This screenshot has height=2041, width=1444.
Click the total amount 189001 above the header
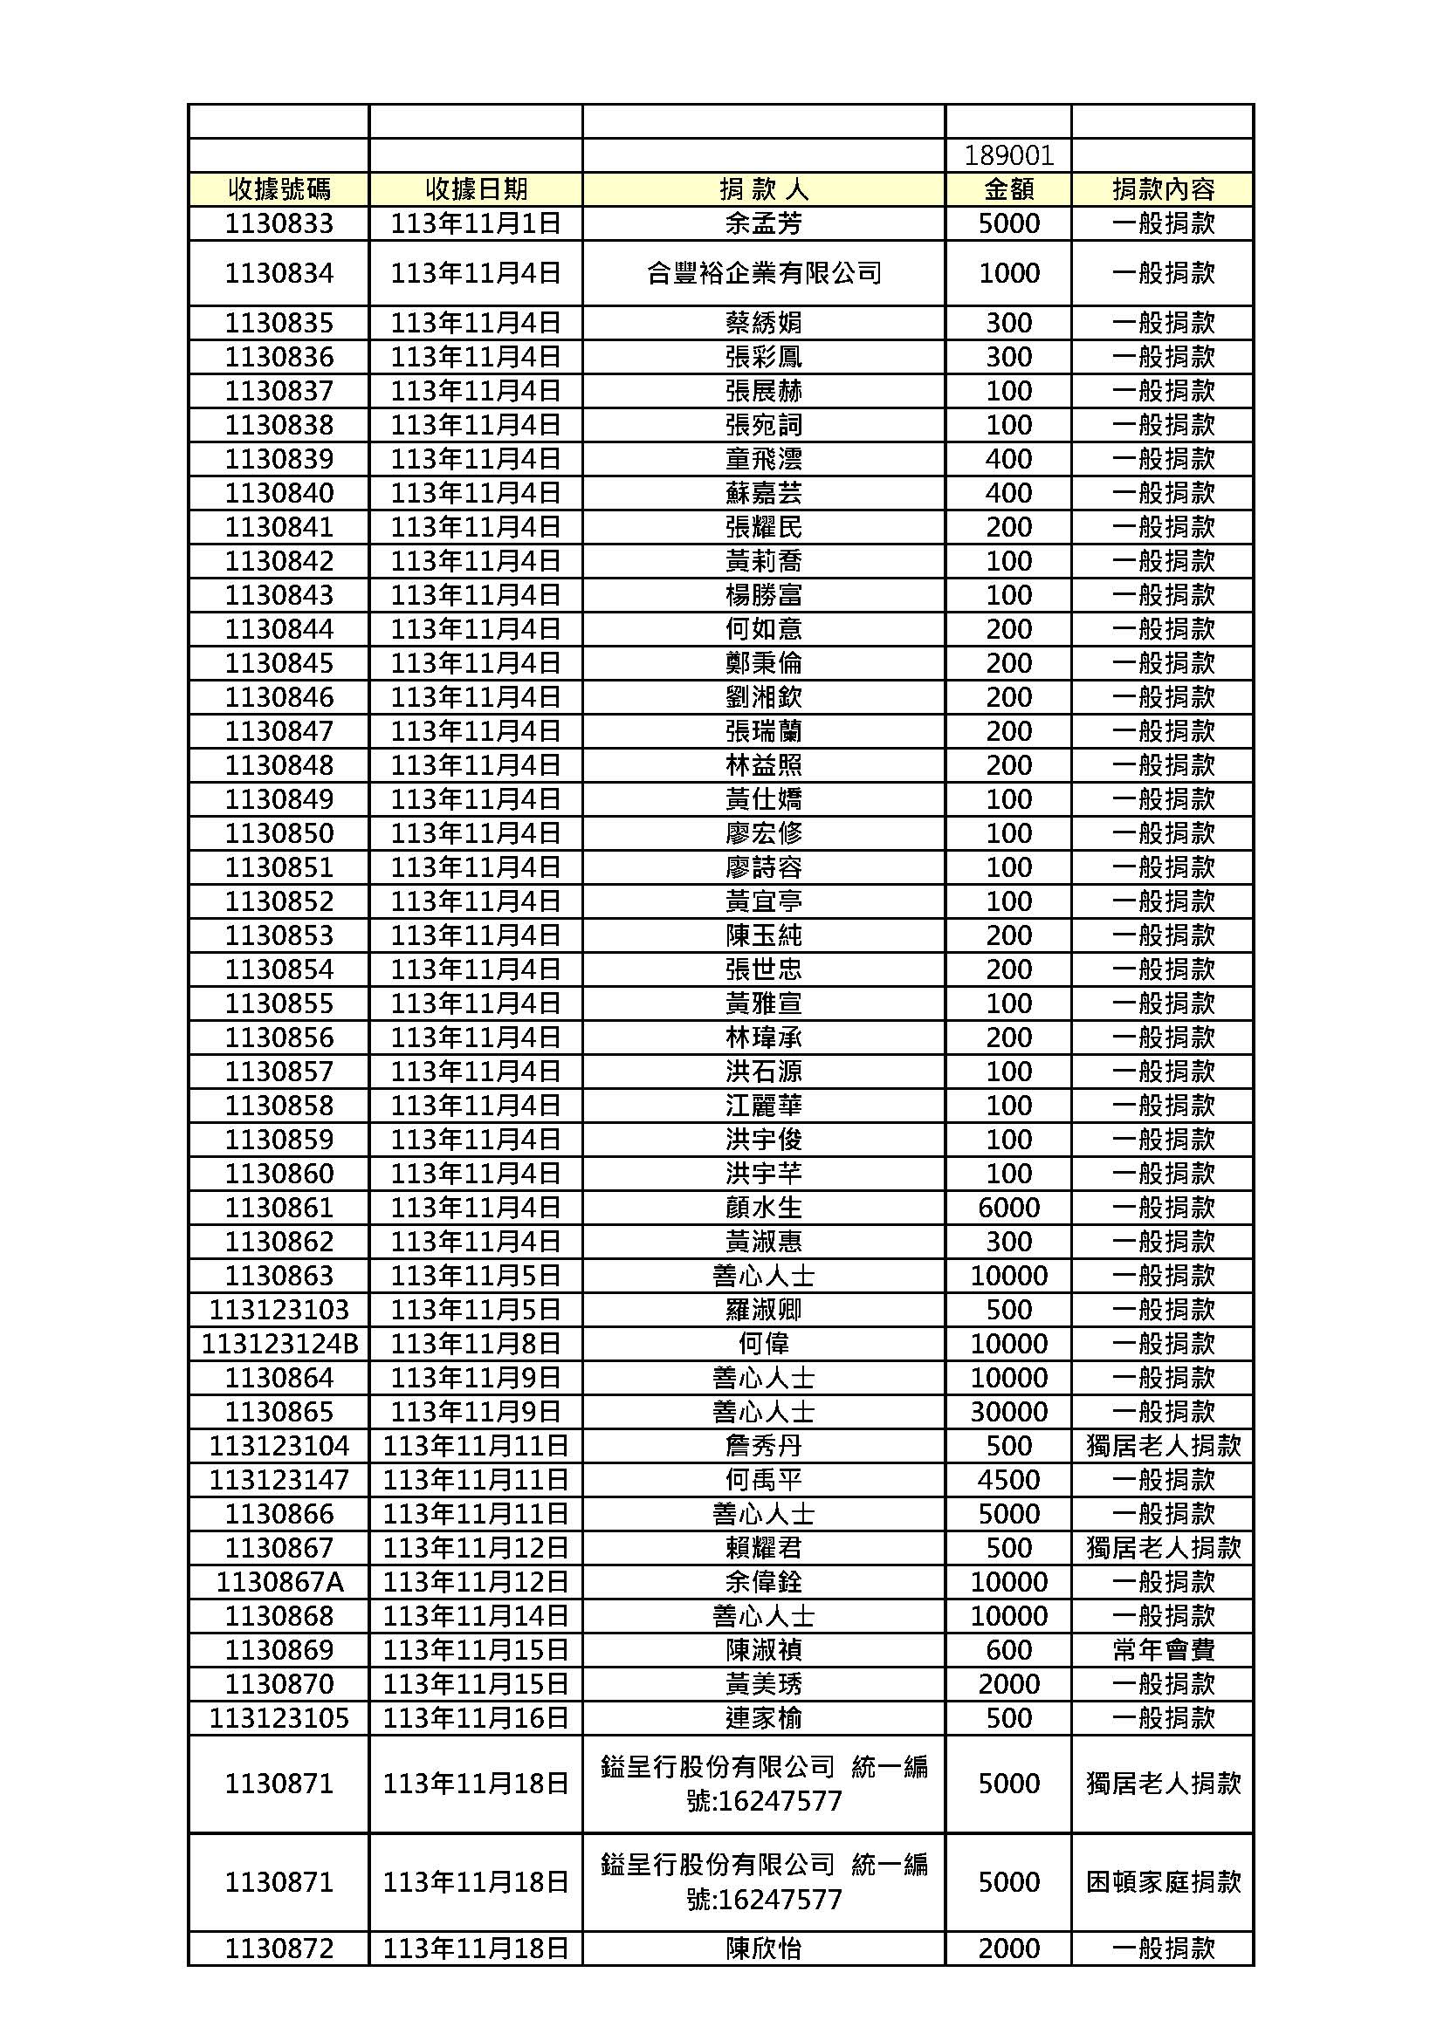[1008, 156]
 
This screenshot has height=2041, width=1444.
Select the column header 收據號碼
[278, 189]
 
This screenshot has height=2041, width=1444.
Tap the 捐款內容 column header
[1162, 189]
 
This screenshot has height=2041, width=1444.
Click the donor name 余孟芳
[763, 223]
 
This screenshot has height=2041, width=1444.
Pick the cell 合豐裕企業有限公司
[763, 273]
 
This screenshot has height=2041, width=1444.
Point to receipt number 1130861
[278, 1207]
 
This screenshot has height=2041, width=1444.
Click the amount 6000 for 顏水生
[1008, 1207]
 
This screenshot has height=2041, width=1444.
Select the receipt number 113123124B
[278, 1343]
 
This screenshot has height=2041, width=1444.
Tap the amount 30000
[1008, 1412]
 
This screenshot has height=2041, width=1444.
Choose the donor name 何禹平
[763, 1479]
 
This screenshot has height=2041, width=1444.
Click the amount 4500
[1008, 1479]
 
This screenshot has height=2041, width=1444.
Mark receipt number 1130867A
[278, 1581]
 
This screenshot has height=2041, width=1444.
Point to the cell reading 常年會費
[1162, 1650]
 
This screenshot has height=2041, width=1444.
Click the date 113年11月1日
[475, 223]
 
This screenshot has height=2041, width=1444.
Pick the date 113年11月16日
[475, 1717]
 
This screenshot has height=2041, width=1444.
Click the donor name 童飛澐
[763, 459]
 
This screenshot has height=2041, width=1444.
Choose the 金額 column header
[1008, 189]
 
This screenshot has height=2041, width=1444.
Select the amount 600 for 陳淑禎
[1008, 1650]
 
